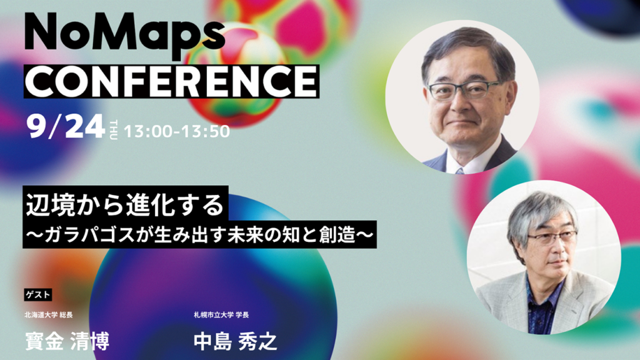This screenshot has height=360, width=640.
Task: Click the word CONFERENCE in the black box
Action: [x=171, y=81]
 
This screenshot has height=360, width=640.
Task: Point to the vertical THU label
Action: [x=114, y=130]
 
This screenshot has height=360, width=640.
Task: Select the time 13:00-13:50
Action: [x=177, y=131]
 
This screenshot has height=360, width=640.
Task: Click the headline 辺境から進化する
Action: [x=125, y=205]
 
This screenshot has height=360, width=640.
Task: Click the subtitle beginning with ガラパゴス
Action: [x=199, y=236]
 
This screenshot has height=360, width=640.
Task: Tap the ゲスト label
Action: [x=38, y=295]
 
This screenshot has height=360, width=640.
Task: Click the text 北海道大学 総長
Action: [x=49, y=315]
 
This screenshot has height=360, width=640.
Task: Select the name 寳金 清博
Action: [x=67, y=341]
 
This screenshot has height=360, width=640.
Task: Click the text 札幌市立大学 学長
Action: [x=221, y=315]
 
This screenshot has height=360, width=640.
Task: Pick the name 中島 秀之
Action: [x=236, y=342]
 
